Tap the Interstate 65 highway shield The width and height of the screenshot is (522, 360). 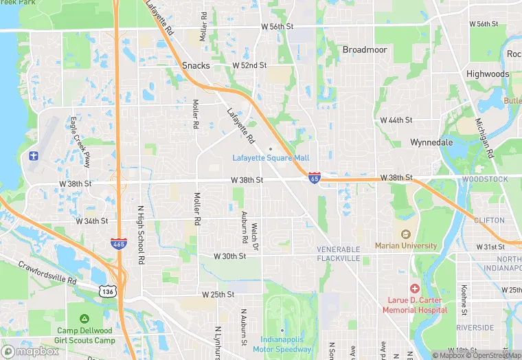tap(314, 178)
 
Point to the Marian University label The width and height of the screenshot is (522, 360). tap(406, 245)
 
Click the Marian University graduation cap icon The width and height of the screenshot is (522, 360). tap(405, 234)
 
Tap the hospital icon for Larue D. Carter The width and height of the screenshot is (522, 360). tap(414, 289)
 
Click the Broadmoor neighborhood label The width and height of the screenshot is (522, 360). tap(365, 50)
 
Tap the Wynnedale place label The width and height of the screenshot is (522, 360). tap(431, 142)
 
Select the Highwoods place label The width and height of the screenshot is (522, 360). tap(488, 74)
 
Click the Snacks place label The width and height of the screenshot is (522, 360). tap(196, 66)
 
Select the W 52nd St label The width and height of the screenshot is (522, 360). tap(249, 65)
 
